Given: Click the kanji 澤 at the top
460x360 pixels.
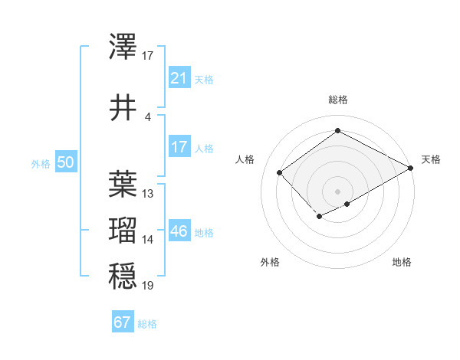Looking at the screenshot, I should click(x=123, y=47).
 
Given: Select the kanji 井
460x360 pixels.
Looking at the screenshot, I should click(x=123, y=107).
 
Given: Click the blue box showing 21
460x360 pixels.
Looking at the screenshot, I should click(x=179, y=78).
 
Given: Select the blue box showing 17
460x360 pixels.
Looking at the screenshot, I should click(x=179, y=147).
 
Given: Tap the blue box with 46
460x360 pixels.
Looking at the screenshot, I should click(x=179, y=231).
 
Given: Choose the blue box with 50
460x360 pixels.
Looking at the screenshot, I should click(x=65, y=162).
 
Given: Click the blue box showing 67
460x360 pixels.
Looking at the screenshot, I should click(x=122, y=322).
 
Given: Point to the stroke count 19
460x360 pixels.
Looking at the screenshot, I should click(x=148, y=286).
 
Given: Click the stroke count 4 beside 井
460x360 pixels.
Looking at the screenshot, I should click(x=147, y=116).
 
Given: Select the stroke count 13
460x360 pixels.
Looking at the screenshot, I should click(x=148, y=193).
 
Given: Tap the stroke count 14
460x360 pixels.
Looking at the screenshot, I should click(x=148, y=240).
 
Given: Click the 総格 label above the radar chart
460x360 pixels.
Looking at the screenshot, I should click(x=337, y=100).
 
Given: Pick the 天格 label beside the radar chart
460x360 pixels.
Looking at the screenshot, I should click(x=431, y=159).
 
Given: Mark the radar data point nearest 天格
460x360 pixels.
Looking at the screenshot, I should click(x=412, y=168).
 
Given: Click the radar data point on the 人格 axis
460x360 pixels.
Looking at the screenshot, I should click(x=280, y=173).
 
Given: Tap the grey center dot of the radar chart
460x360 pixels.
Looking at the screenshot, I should click(x=337, y=191).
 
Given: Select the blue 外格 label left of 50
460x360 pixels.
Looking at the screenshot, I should click(x=41, y=163).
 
